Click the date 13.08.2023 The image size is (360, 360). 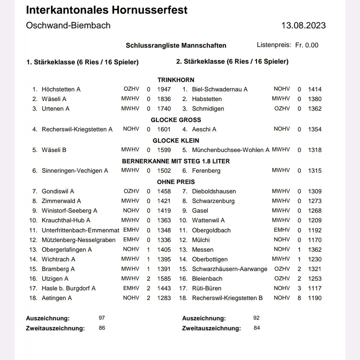click(x=303, y=26)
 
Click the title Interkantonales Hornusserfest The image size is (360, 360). click(x=107, y=10)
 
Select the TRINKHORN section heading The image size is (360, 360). click(x=176, y=80)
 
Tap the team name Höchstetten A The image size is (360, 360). click(x=61, y=89)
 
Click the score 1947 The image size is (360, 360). click(x=164, y=89)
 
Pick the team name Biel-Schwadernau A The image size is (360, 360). click(x=220, y=89)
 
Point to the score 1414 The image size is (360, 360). click(x=315, y=89)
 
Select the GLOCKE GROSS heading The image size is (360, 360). click(x=176, y=120)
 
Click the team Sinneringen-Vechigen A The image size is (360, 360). click(x=75, y=171)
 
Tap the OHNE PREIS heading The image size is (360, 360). click(x=176, y=182)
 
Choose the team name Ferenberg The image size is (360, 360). click(x=206, y=171)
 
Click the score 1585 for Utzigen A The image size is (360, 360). click(x=164, y=279)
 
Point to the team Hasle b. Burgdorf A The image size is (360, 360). click(x=68, y=288)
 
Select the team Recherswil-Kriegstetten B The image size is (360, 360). click(x=227, y=298)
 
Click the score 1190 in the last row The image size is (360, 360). click(x=315, y=298)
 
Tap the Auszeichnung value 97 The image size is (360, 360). click(x=102, y=318)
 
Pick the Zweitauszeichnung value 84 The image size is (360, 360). click(x=257, y=328)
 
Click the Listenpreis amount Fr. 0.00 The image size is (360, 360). click(x=307, y=45)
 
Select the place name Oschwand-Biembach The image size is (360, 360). click(x=68, y=26)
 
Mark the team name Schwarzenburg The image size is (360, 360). click(x=213, y=201)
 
